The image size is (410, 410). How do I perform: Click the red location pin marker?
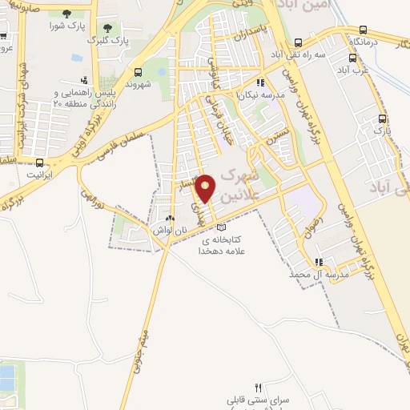206,188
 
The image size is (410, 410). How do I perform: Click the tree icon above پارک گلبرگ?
107,27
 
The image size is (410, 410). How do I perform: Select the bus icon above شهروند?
139,71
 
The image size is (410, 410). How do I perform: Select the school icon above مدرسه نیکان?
259,82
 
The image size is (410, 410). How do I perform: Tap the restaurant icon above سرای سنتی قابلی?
258,388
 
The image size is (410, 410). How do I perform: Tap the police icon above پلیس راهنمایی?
84,79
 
